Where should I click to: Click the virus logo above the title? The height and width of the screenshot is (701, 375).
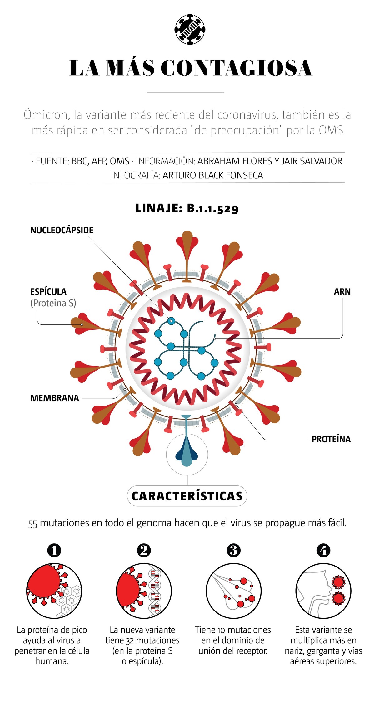190,29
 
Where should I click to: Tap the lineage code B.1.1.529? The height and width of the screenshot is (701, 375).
212,208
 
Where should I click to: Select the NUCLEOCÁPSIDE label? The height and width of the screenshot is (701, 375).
62,230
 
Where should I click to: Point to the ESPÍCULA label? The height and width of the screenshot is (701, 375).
48,292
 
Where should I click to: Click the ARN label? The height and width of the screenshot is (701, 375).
342,292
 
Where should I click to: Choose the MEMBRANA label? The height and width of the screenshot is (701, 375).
55,398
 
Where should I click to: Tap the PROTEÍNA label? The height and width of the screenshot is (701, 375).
331,439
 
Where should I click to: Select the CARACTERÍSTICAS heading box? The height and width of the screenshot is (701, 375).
187,496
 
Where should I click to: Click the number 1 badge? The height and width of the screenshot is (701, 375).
54,550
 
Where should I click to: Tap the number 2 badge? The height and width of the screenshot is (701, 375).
144,550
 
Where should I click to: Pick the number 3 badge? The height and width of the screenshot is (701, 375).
233,550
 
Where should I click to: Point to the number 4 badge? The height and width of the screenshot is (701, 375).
323,550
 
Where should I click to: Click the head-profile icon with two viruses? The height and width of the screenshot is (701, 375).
323,591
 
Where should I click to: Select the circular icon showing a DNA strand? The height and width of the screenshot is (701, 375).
144,591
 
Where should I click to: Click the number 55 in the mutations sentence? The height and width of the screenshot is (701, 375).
33,524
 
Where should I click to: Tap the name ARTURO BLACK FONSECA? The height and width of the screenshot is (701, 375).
213,175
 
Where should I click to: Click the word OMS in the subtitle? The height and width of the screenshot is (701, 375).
331,130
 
